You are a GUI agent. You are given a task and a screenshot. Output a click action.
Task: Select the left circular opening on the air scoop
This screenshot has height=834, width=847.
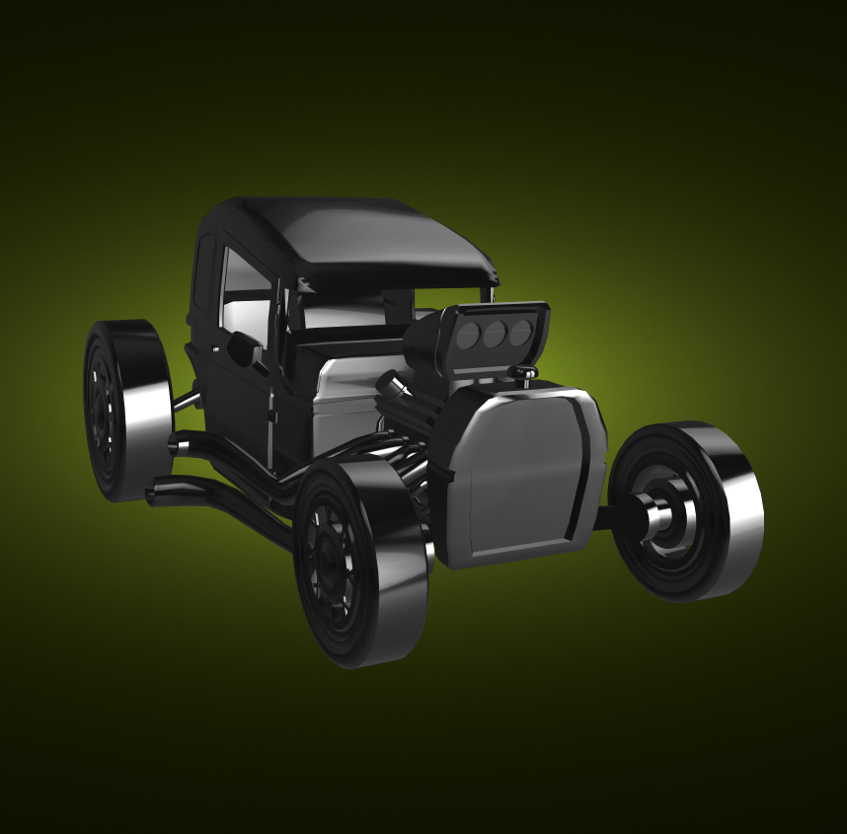click(x=469, y=336)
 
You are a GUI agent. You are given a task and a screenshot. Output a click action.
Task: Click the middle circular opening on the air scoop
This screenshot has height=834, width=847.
click(x=495, y=334)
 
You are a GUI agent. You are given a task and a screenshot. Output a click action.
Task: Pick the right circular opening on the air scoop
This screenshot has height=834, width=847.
click(x=519, y=332)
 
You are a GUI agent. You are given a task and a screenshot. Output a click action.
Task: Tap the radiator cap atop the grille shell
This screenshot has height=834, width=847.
click(x=524, y=373)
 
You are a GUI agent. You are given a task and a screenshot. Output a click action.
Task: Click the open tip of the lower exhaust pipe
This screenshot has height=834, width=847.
click(x=153, y=493)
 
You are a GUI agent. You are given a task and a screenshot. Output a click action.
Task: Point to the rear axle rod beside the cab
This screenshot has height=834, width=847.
click(x=186, y=401)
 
